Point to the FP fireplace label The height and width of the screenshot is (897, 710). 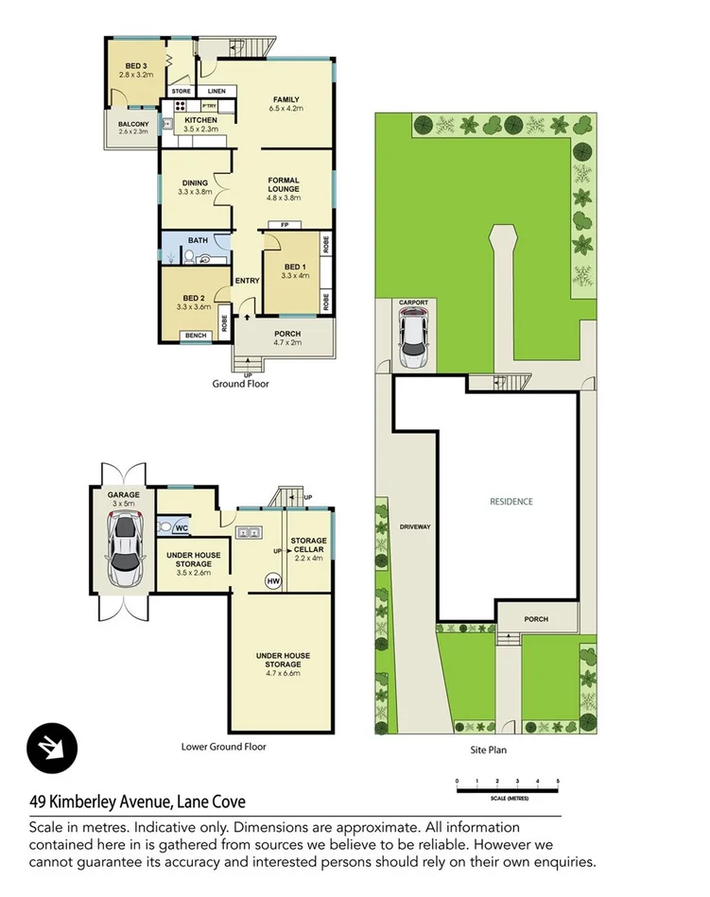[284, 225]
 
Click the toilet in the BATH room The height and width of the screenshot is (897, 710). [189, 256]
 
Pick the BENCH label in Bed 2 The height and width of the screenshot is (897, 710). [196, 336]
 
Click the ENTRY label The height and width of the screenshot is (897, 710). [247, 281]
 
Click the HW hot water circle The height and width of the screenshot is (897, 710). [273, 580]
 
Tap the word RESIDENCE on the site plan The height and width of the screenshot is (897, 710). [511, 502]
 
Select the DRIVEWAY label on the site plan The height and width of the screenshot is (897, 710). [415, 526]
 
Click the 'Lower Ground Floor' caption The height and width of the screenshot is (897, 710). [224, 747]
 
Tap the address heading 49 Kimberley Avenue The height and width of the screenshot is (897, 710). [136, 802]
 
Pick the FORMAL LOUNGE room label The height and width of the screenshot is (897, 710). [284, 189]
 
